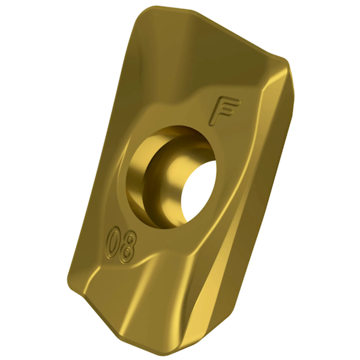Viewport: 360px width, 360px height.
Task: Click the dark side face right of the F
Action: click(276, 120)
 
